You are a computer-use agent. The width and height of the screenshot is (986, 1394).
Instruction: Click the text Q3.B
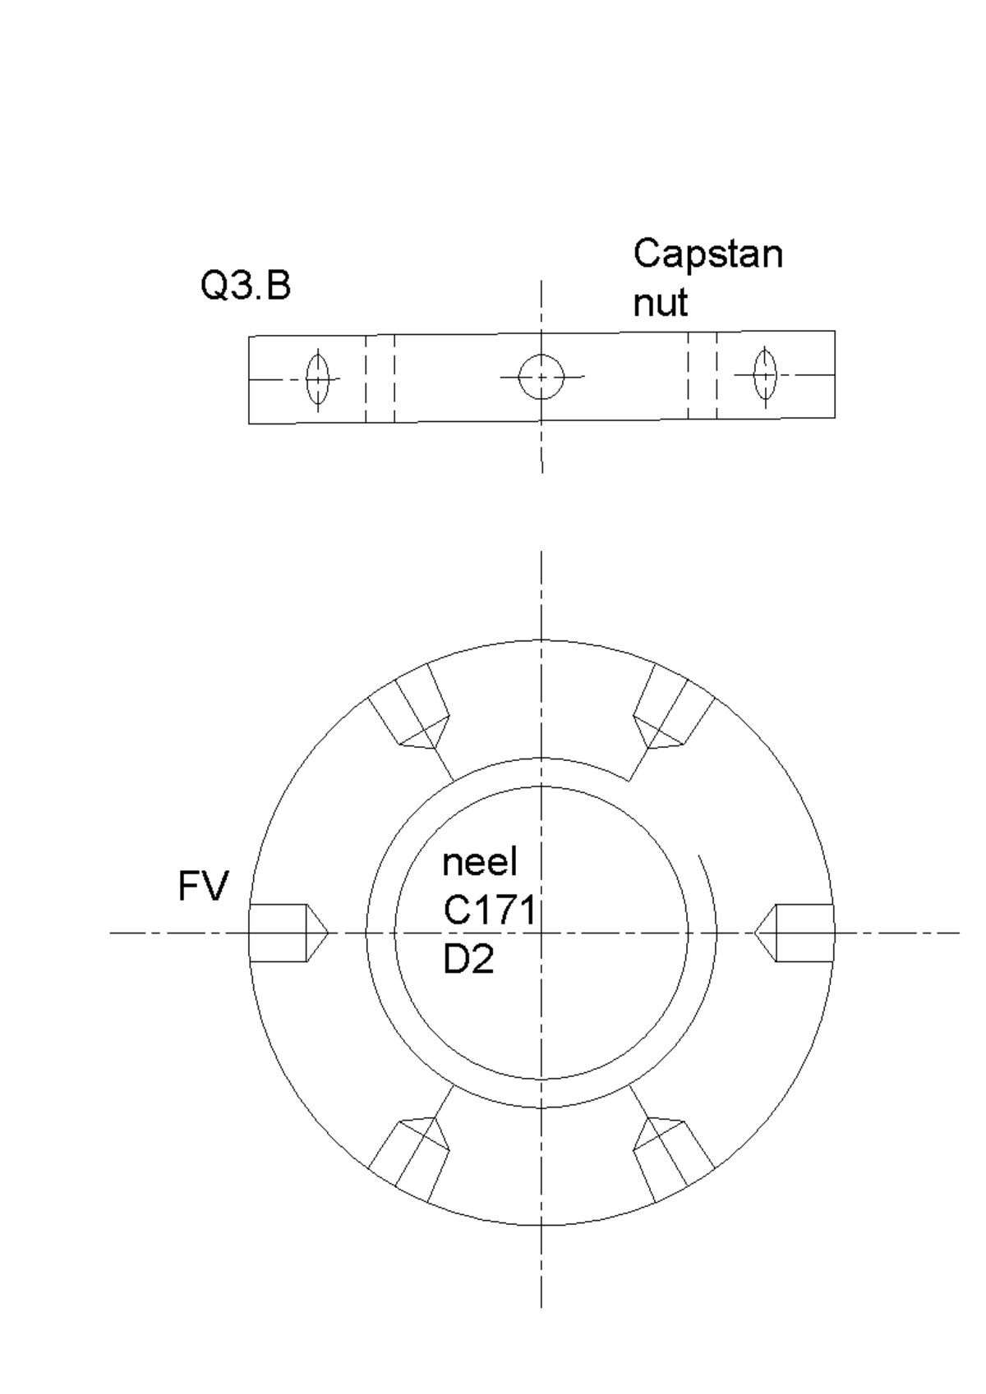coord(246,287)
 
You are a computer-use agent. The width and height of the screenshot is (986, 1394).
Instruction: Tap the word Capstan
coord(707,255)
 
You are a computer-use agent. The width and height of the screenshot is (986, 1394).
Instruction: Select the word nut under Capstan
coord(660,303)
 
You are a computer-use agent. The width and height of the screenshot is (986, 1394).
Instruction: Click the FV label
coord(203,887)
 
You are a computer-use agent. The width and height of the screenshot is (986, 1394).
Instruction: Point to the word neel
coord(480,862)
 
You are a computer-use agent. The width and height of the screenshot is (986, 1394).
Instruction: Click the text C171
coord(490,910)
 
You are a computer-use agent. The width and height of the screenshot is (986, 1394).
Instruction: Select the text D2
coord(468,959)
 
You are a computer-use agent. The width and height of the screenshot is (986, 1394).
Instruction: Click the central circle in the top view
coord(541,377)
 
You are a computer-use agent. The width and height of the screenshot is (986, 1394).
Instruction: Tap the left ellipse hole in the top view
coord(318,379)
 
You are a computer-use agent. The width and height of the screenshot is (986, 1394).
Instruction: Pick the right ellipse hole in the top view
coord(765,375)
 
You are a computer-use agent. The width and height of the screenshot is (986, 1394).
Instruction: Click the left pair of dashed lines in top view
coord(380,378)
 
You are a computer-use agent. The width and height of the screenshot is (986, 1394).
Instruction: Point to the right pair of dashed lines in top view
coord(703,375)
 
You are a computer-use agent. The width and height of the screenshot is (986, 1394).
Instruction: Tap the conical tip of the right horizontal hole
coord(765,933)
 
